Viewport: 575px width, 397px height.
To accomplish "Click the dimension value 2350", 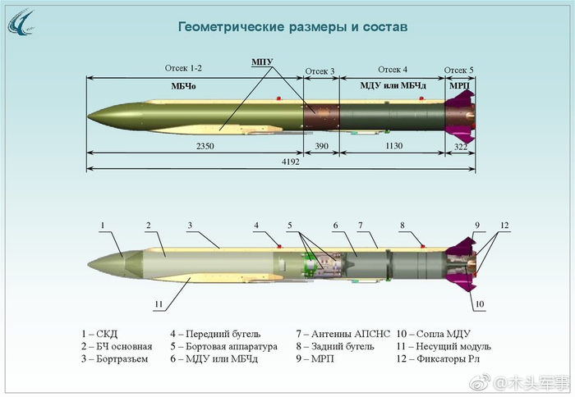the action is (205, 146).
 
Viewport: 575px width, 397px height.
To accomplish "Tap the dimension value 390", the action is (322, 146).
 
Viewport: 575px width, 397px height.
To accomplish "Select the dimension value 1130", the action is (393, 146).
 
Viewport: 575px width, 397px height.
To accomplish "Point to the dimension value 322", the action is (461, 147).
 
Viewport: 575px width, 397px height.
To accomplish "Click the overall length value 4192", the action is (291, 162).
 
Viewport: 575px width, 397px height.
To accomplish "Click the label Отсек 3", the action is (320, 71).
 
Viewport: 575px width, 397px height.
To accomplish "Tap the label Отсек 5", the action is (458, 70).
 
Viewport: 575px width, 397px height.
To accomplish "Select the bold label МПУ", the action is (262, 62).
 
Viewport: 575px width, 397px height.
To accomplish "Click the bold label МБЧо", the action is (183, 86).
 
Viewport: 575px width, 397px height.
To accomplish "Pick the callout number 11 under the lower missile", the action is (159, 304).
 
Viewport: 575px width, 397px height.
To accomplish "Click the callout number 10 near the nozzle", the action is (480, 303).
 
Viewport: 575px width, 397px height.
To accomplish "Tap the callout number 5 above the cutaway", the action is (290, 226).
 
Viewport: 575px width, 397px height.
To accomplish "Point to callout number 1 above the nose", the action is (103, 226).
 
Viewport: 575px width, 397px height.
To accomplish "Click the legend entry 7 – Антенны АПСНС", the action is (343, 334).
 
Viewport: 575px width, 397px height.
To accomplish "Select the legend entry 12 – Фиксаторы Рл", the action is (438, 358).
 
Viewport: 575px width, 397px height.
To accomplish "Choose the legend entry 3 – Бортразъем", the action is (115, 358).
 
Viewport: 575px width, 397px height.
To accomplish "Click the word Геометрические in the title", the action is (232, 27).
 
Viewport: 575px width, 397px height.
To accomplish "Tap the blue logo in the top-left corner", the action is (21, 23).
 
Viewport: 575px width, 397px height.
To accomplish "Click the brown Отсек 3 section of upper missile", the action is (322, 116).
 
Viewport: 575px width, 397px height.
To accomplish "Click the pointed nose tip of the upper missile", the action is (88, 116).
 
